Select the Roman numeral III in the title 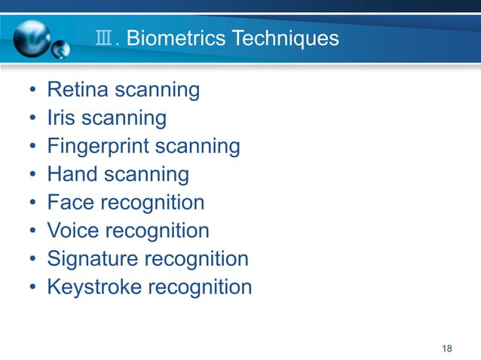pyautogui.click(x=105, y=38)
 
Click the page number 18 pyautogui.click(x=447, y=348)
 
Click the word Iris pyautogui.click(x=61, y=118)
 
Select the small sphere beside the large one pyautogui.click(x=60, y=50)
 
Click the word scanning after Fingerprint pyautogui.click(x=200, y=147)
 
